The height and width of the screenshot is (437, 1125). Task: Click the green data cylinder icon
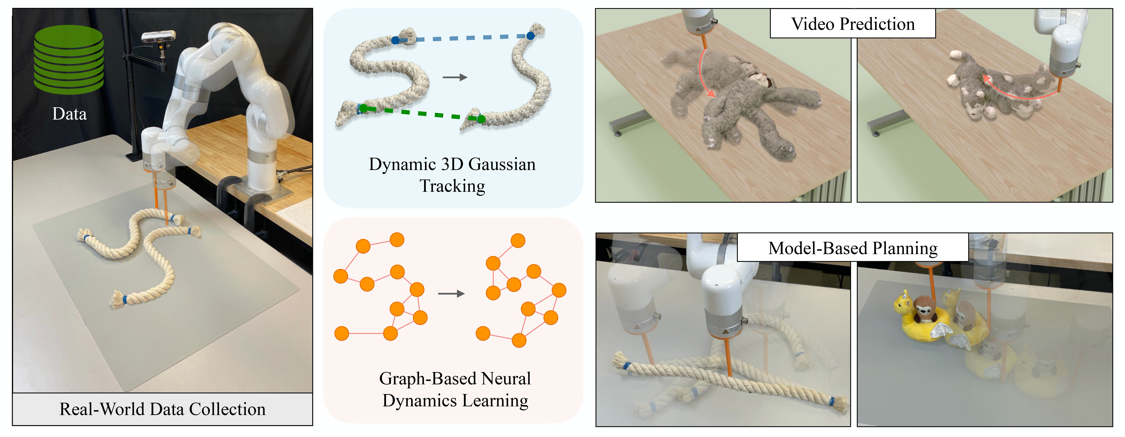point(68,59)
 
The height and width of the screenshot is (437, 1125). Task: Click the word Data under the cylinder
point(70,114)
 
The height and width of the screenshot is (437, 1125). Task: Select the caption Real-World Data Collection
point(162,409)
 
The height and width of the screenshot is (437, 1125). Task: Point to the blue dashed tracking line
point(463,39)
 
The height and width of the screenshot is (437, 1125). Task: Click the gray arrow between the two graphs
point(451,294)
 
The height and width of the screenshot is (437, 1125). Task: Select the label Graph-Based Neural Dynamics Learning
point(455,389)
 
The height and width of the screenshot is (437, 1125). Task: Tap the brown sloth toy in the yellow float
point(923,310)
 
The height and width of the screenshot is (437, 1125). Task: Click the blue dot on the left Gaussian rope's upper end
point(395,40)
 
